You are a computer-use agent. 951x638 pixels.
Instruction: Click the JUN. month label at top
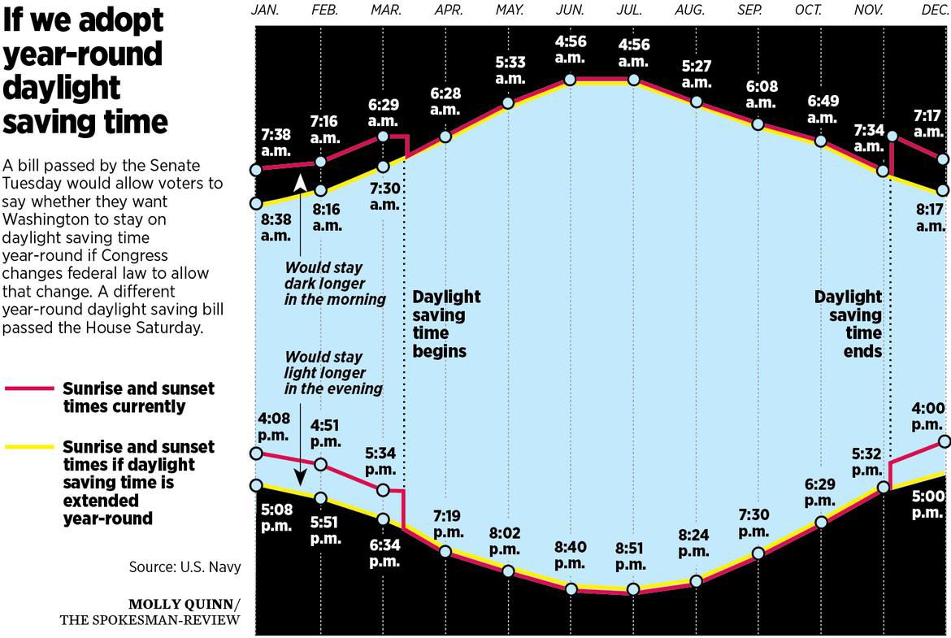click(569, 11)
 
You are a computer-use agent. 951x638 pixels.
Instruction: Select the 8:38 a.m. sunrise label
click(276, 228)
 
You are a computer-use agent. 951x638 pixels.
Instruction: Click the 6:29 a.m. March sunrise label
click(383, 113)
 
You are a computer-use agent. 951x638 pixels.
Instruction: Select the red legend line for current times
click(32, 389)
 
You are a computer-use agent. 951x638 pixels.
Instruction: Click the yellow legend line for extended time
click(32, 447)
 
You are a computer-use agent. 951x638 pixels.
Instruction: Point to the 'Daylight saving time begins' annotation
click(446, 323)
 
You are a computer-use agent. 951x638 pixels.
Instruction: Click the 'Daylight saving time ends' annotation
click(848, 323)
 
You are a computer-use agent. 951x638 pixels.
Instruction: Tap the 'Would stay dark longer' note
click(335, 283)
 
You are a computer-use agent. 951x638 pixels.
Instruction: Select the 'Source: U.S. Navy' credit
click(185, 566)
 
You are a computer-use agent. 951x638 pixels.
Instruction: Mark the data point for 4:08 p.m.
click(257, 454)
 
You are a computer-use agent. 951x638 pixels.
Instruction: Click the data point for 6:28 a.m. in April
click(445, 136)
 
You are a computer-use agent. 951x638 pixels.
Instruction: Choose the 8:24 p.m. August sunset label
click(694, 543)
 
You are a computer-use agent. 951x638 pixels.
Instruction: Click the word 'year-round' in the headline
click(83, 54)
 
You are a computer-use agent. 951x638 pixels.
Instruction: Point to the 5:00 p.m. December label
click(927, 504)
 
